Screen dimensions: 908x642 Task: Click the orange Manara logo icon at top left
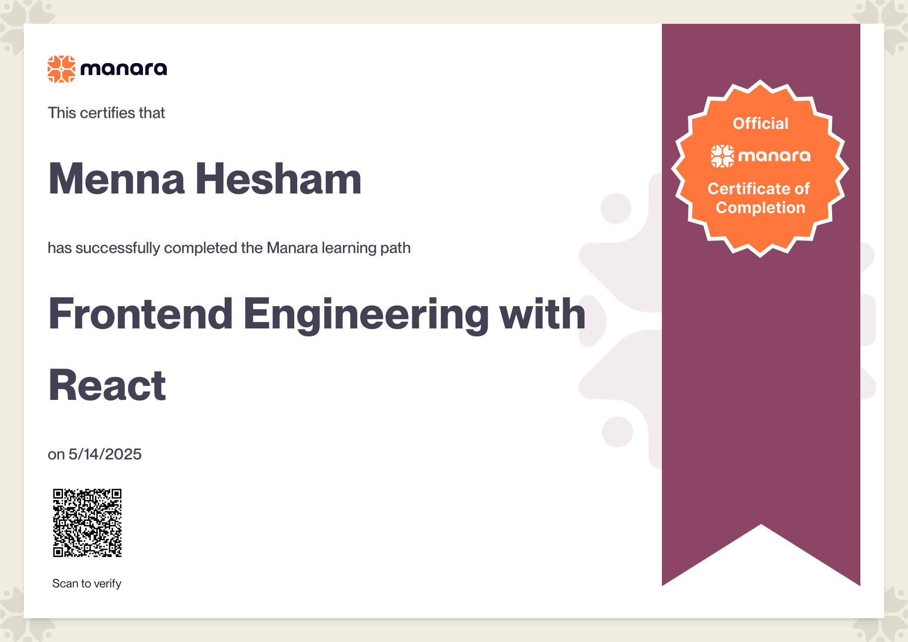62,69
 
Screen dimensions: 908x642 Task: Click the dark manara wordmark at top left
124,69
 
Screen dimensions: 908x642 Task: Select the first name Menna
117,179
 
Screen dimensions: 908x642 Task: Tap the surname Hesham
278,179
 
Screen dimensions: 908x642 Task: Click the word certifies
108,113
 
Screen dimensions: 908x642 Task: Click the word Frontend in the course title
140,314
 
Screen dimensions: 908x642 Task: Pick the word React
107,385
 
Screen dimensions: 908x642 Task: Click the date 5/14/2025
105,454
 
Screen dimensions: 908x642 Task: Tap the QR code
87,523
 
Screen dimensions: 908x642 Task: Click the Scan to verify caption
87,583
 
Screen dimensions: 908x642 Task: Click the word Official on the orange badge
761,123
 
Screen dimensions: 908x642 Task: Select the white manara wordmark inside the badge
775,156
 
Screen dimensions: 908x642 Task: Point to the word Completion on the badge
761,208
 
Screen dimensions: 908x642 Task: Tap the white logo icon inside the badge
722,156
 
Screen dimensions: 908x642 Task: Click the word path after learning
395,248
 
